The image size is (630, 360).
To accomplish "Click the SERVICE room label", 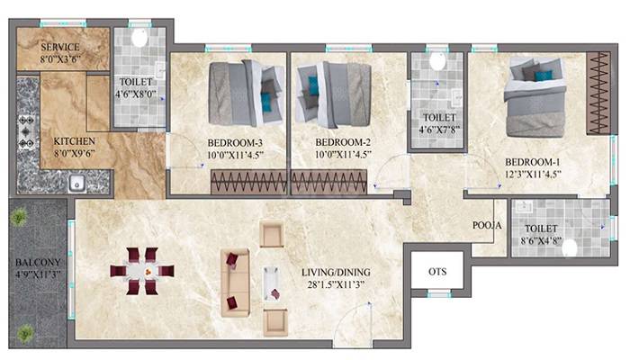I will click(60, 47).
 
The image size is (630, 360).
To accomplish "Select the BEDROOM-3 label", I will click(235, 142).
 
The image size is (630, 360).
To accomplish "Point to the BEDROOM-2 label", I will click(342, 142).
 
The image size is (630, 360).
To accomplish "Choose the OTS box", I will click(436, 271).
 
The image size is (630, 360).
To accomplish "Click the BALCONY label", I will click(37, 265).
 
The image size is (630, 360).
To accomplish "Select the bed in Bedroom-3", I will click(240, 93).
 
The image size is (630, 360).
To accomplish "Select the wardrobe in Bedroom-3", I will click(248, 182).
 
